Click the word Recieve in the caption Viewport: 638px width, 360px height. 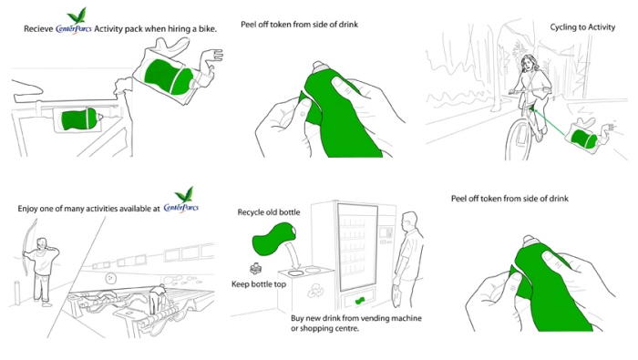[x=38, y=29]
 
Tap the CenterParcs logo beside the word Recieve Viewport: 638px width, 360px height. [x=74, y=22]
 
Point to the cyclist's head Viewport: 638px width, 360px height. [x=528, y=63]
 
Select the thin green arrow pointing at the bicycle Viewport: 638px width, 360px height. [x=550, y=122]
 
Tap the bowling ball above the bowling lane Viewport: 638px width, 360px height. [x=110, y=279]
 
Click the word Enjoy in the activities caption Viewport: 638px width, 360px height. [x=27, y=209]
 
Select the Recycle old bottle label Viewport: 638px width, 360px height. [x=269, y=212]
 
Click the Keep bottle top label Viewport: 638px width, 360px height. [x=259, y=284]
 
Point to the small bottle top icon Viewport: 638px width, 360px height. [x=255, y=268]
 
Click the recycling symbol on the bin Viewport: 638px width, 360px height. [x=315, y=291]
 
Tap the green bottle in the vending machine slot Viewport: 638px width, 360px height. [x=359, y=301]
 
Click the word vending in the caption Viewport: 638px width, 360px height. [x=376, y=318]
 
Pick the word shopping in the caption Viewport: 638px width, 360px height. [x=315, y=328]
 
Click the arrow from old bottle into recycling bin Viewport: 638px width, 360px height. [x=293, y=255]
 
